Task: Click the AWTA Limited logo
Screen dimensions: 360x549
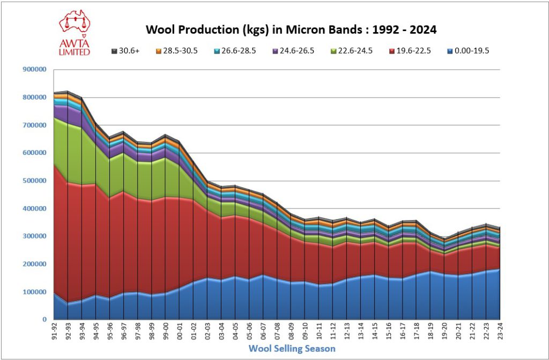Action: pyautogui.click(x=75, y=32)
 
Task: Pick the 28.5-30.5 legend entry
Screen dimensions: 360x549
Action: pyautogui.click(x=174, y=51)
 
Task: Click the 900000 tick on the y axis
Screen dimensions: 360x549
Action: pyautogui.click(x=35, y=70)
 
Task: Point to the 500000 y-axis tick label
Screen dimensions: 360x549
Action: pyautogui.click(x=35, y=181)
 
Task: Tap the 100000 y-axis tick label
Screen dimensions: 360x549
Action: pyautogui.click(x=35, y=292)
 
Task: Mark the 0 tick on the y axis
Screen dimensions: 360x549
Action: pyautogui.click(x=44, y=320)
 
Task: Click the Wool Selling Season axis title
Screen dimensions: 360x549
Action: pyautogui.click(x=292, y=349)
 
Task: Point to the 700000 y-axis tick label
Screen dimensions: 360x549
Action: pyautogui.click(x=35, y=125)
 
